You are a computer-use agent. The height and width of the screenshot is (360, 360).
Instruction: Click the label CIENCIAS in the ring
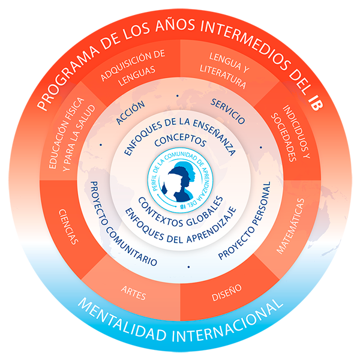[67, 227]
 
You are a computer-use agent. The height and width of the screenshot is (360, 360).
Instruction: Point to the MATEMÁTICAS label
[290, 227]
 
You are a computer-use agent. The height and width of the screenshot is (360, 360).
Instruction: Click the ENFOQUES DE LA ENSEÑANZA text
[180, 127]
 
